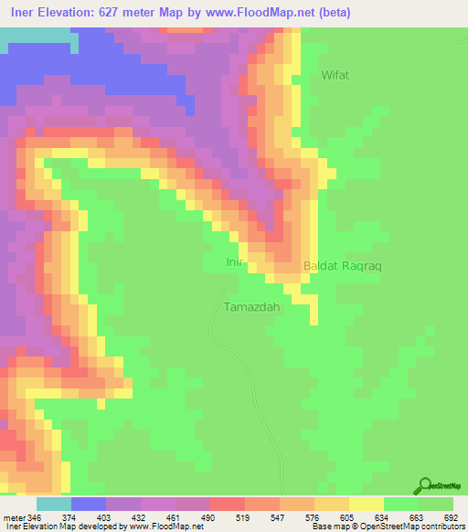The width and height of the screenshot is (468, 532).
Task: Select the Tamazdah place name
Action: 251,307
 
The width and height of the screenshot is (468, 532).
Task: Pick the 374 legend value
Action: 70,518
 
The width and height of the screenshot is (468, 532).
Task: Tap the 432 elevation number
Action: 140,518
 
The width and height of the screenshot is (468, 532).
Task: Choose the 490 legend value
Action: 210,518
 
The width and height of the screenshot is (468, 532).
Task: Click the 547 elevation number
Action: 279,518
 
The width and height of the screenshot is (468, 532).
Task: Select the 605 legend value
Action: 349,518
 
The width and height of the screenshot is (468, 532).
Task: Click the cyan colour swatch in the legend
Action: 53,504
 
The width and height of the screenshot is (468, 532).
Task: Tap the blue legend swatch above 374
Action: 88,504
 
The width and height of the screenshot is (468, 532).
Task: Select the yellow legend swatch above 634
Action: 366,504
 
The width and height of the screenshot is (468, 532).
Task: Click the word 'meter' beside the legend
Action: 14,518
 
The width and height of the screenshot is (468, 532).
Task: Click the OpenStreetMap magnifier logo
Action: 425,484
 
